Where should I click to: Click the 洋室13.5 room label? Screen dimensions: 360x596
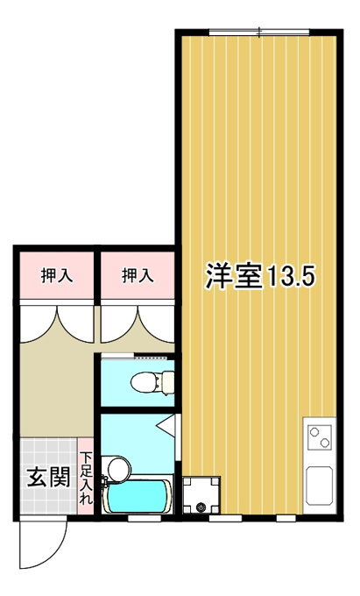pyautogui.click(x=260, y=275)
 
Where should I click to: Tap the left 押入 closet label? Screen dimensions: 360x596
pyautogui.click(x=57, y=275)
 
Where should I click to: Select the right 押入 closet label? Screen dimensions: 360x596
pyautogui.click(x=138, y=275)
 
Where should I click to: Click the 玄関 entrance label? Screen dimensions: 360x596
pyautogui.click(x=49, y=477)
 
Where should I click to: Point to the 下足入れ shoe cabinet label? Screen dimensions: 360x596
pyautogui.click(x=86, y=478)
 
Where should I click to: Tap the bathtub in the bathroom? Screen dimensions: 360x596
pyautogui.click(x=138, y=496)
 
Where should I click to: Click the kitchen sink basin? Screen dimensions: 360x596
pyautogui.click(x=320, y=486)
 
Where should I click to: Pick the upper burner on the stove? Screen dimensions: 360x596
pyautogui.click(x=314, y=432)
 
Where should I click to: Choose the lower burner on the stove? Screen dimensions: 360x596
pyautogui.click(x=325, y=443)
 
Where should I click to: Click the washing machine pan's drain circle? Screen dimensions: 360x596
pyautogui.click(x=201, y=507)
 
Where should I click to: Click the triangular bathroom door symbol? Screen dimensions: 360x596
pyautogui.click(x=166, y=424)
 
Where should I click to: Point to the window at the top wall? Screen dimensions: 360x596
pyautogui.click(x=259, y=32)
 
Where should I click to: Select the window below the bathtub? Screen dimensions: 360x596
pyautogui.click(x=145, y=518)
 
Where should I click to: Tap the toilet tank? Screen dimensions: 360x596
pyautogui.click(x=168, y=382)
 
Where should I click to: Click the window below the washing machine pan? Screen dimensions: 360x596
pyautogui.click(x=226, y=518)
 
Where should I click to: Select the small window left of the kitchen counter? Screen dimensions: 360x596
pyautogui.click(x=286, y=518)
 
